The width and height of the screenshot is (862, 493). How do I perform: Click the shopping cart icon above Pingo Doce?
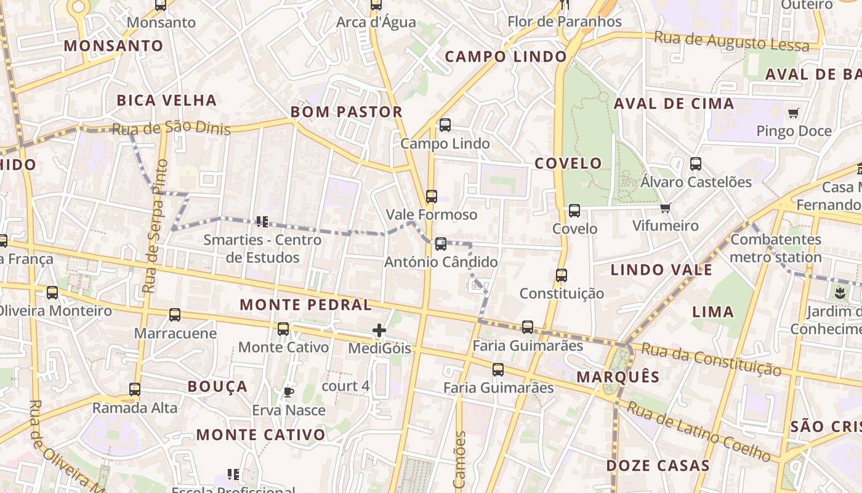(793, 113)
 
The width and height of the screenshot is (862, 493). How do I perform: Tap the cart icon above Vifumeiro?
(665, 208)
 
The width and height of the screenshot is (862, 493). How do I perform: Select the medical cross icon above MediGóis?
(379, 331)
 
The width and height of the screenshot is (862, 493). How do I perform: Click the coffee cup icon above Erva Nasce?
(288, 392)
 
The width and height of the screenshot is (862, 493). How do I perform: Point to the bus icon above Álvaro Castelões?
(696, 164)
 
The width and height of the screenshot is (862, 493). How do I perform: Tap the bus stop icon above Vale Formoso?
(432, 197)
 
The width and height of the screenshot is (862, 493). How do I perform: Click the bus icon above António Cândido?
(441, 243)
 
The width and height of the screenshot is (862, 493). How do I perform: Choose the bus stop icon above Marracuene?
(175, 315)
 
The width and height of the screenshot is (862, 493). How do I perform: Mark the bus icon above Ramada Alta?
(135, 389)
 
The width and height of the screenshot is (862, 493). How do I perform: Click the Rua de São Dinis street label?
(171, 128)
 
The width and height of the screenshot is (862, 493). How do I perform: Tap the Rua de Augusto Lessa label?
(731, 42)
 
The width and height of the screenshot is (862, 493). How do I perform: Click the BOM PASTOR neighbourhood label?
(347, 112)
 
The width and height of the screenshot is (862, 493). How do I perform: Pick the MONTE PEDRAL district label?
(305, 305)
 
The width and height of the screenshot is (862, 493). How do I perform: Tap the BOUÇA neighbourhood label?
(217, 387)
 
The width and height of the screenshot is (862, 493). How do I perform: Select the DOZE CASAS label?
(658, 466)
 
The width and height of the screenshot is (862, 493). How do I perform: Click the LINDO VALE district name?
(661, 270)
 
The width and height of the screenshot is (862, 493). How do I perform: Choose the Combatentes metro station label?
(776, 248)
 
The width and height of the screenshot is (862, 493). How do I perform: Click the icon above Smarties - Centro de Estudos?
(262, 221)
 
